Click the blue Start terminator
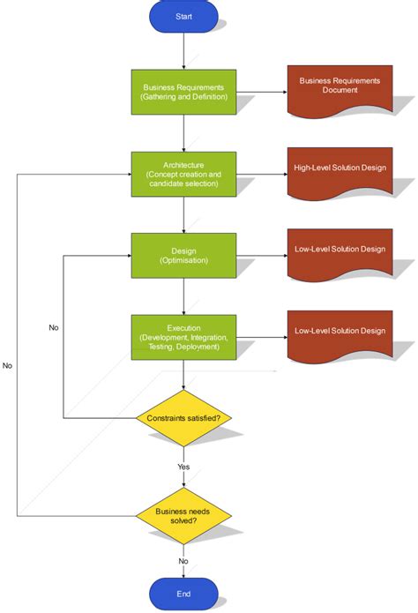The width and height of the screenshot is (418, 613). click(183, 16)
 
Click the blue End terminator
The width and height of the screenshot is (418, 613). click(183, 594)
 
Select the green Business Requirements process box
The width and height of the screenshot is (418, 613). click(183, 91)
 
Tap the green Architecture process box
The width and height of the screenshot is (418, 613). click(183, 174)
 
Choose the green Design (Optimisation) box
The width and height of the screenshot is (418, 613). click(183, 255)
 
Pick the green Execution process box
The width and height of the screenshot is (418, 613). click(183, 337)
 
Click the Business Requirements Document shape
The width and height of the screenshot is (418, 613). click(340, 88)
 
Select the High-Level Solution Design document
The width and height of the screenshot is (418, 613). click(340, 169)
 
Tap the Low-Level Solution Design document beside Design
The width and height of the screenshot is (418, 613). click(340, 250)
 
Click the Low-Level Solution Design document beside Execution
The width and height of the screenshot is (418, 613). click(340, 333)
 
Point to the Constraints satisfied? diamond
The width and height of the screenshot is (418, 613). click(183, 417)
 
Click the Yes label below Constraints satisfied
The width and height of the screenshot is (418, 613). click(183, 467)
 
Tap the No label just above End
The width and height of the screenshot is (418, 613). click(183, 560)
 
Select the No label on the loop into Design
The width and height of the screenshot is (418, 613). click(54, 327)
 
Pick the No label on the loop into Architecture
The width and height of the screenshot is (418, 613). click(8, 364)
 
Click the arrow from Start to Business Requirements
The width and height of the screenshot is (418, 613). click(183, 50)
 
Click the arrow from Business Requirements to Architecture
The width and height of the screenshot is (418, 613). click(183, 131)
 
